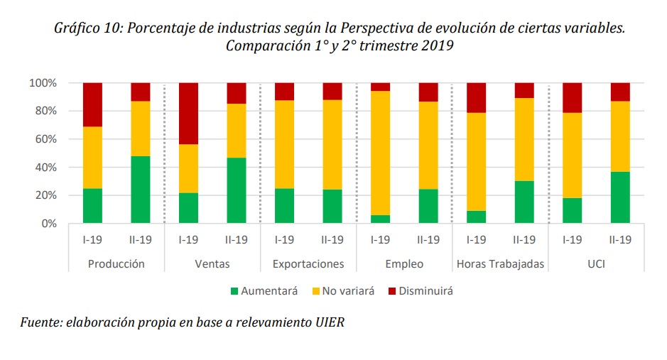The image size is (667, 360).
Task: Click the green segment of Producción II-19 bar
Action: pyautogui.click(x=141, y=190)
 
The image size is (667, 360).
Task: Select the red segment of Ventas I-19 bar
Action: pyautogui.click(x=188, y=113)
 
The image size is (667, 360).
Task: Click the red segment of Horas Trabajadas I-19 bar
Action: pyautogui.click(x=476, y=97)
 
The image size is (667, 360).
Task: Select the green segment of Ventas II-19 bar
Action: pyautogui.click(x=237, y=190)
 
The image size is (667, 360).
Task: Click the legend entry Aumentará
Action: pyautogui.click(x=269, y=291)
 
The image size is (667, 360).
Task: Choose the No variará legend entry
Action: pyautogui.click(x=347, y=291)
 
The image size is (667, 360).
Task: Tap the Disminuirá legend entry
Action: pyautogui.click(x=425, y=291)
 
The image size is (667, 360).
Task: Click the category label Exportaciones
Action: pyautogui.click(x=308, y=264)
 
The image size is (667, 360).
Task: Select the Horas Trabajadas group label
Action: pyautogui.click(x=500, y=264)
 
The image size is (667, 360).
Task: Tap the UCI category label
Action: pyautogui.click(x=596, y=264)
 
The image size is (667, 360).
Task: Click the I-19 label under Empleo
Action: pyautogui.click(x=380, y=240)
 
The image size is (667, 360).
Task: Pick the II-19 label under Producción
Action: pyautogui.click(x=141, y=240)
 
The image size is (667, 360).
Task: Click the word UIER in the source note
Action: pyautogui.click(x=330, y=322)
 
